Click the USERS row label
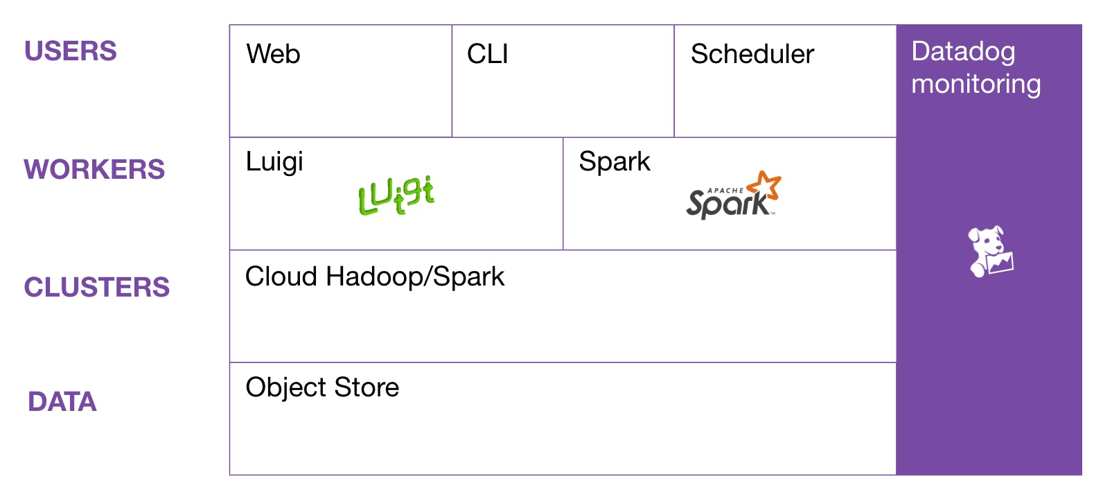(x=71, y=51)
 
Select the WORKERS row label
(x=94, y=170)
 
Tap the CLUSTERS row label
(x=97, y=288)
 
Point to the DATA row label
(x=62, y=402)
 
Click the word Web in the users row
(x=273, y=54)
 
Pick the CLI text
(x=488, y=54)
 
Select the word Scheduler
(x=752, y=54)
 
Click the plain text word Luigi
(x=274, y=162)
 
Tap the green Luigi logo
(x=396, y=195)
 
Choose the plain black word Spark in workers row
(x=615, y=161)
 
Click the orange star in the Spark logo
(x=766, y=185)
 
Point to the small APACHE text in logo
(x=725, y=191)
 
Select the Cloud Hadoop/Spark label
(x=375, y=276)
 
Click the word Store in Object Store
(x=367, y=387)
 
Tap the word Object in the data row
(x=286, y=387)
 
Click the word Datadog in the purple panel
(x=963, y=52)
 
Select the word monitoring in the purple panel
(x=976, y=84)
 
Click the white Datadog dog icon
(x=990, y=251)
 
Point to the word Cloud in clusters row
(x=281, y=276)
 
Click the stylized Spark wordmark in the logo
(x=727, y=204)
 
